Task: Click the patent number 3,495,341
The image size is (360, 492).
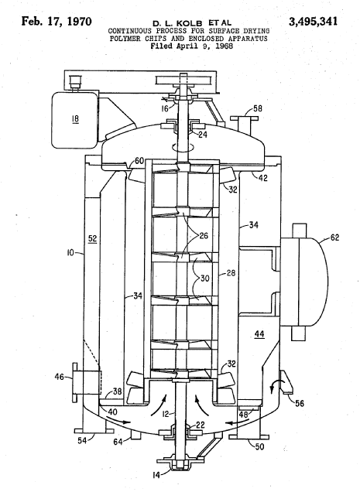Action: point(313,22)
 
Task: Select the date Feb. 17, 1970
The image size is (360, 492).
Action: point(57,22)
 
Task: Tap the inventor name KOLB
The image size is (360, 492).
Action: point(190,23)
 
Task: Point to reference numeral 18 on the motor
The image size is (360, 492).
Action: point(75,119)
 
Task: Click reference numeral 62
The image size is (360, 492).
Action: point(335,237)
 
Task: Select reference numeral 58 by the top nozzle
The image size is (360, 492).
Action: point(258,109)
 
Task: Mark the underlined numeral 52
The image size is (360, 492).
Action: point(92,239)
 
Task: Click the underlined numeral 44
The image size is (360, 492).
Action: point(259,334)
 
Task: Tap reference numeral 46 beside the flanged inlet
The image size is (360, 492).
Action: point(60,377)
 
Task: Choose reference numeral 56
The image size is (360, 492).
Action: point(300,403)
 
